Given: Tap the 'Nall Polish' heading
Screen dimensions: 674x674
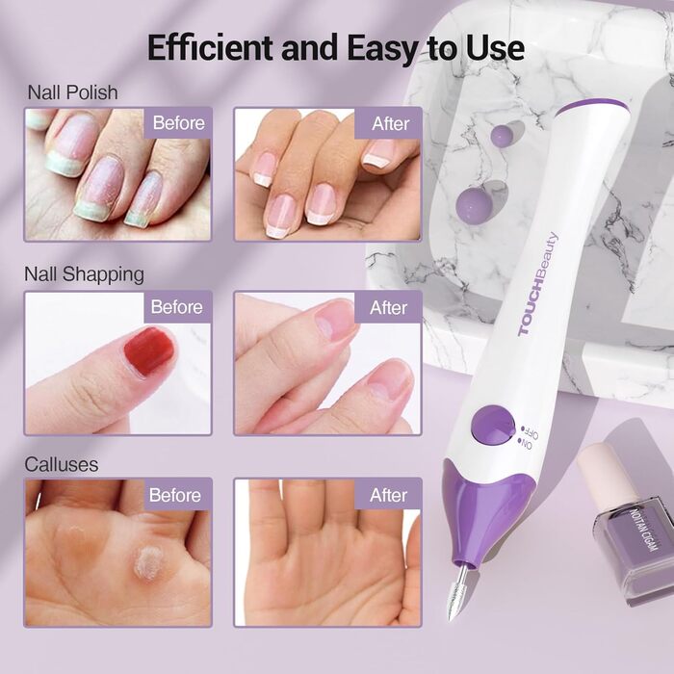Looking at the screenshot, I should coord(72,93).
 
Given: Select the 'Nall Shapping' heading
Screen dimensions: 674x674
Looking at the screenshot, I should coord(84,273).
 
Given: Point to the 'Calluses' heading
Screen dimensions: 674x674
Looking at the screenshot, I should coord(62,464).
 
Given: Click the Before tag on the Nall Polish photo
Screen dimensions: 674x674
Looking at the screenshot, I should coord(178,122).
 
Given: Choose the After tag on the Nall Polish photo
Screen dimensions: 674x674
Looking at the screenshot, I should coord(390,123).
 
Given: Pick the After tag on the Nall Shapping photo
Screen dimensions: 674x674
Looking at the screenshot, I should coord(389,308).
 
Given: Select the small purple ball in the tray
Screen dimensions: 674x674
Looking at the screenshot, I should coord(501,135).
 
